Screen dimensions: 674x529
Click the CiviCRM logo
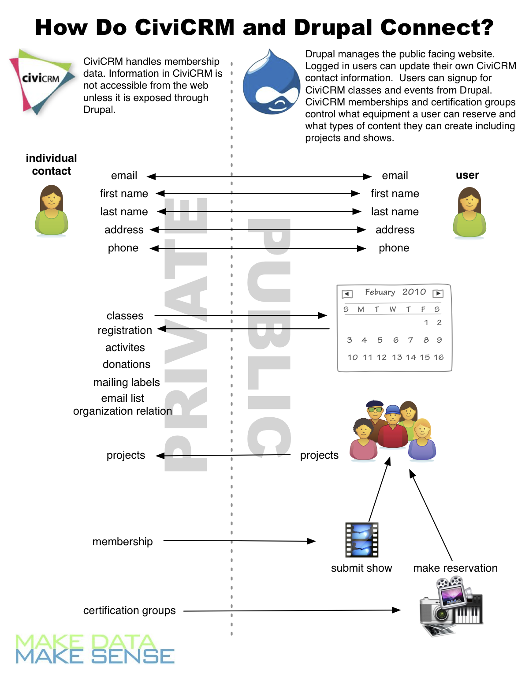(42, 81)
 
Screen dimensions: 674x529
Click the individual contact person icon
(52, 210)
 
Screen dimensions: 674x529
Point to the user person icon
(469, 213)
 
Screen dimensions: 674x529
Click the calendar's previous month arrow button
(347, 294)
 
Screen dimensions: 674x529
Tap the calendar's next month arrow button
(438, 294)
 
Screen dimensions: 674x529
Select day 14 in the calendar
(411, 357)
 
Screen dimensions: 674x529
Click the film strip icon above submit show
(362, 540)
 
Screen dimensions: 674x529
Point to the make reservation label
(455, 568)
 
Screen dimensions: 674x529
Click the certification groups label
(129, 610)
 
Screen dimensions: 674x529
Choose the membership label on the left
(123, 542)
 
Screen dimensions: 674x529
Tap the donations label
(127, 364)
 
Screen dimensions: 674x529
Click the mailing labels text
(127, 382)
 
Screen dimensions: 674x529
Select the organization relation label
(123, 411)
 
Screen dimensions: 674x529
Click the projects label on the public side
(319, 455)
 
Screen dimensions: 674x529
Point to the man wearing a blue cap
(393, 426)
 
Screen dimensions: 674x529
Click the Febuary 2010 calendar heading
(395, 292)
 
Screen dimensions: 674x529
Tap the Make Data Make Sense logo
(95, 649)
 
